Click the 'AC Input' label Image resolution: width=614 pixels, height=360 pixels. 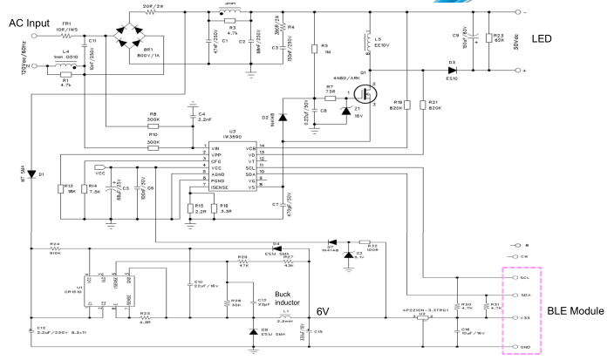30,22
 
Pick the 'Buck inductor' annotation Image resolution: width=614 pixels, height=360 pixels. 287,300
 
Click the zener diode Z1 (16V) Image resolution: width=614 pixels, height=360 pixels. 358,107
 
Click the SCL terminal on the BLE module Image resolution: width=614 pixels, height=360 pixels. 512,277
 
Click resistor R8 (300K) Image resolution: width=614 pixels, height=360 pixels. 153,125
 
